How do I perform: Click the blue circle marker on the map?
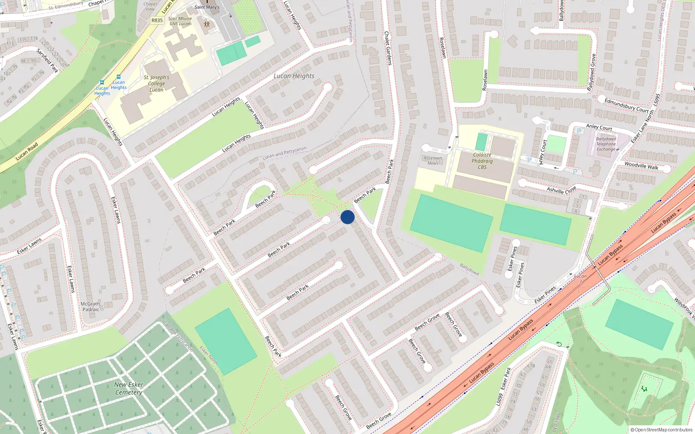coord(347,217)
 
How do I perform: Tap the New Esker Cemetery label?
coord(129,388)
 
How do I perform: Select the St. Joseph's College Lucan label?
coord(156,83)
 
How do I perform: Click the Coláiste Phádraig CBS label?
coord(482,161)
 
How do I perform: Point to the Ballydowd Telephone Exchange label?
coord(606,144)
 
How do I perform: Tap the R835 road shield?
coord(157,20)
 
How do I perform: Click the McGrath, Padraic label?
coord(91,306)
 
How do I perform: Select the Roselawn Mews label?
coord(433,161)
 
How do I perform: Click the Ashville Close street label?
coord(561,190)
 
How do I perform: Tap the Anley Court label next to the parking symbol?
coord(599,127)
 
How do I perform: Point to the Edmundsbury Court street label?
coord(626,105)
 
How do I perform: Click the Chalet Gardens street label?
coord(388,48)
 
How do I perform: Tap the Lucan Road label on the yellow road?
coord(27,152)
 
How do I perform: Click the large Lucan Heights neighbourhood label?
coord(294,76)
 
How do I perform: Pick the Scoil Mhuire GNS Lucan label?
coord(180,21)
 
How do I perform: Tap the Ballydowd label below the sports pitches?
coord(469,270)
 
